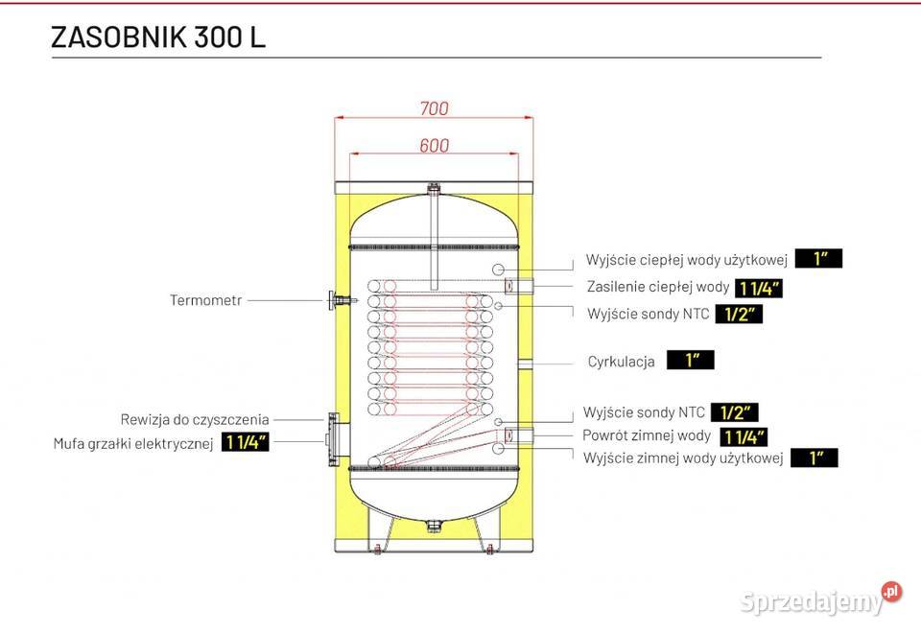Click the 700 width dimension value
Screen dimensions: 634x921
434,108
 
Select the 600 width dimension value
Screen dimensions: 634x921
434,146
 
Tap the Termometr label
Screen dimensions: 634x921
205,300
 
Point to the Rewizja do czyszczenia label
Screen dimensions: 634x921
195,419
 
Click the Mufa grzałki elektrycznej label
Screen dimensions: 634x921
132,444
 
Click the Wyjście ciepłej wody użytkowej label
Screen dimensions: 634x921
687,260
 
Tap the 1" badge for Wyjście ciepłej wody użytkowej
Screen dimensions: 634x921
818,258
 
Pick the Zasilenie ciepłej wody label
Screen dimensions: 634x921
658,287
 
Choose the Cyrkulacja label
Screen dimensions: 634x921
622,362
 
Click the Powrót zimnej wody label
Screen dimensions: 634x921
647,436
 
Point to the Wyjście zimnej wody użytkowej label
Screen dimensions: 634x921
683,458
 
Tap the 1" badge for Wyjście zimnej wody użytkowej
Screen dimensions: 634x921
815,458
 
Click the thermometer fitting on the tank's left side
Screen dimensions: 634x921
336,300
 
